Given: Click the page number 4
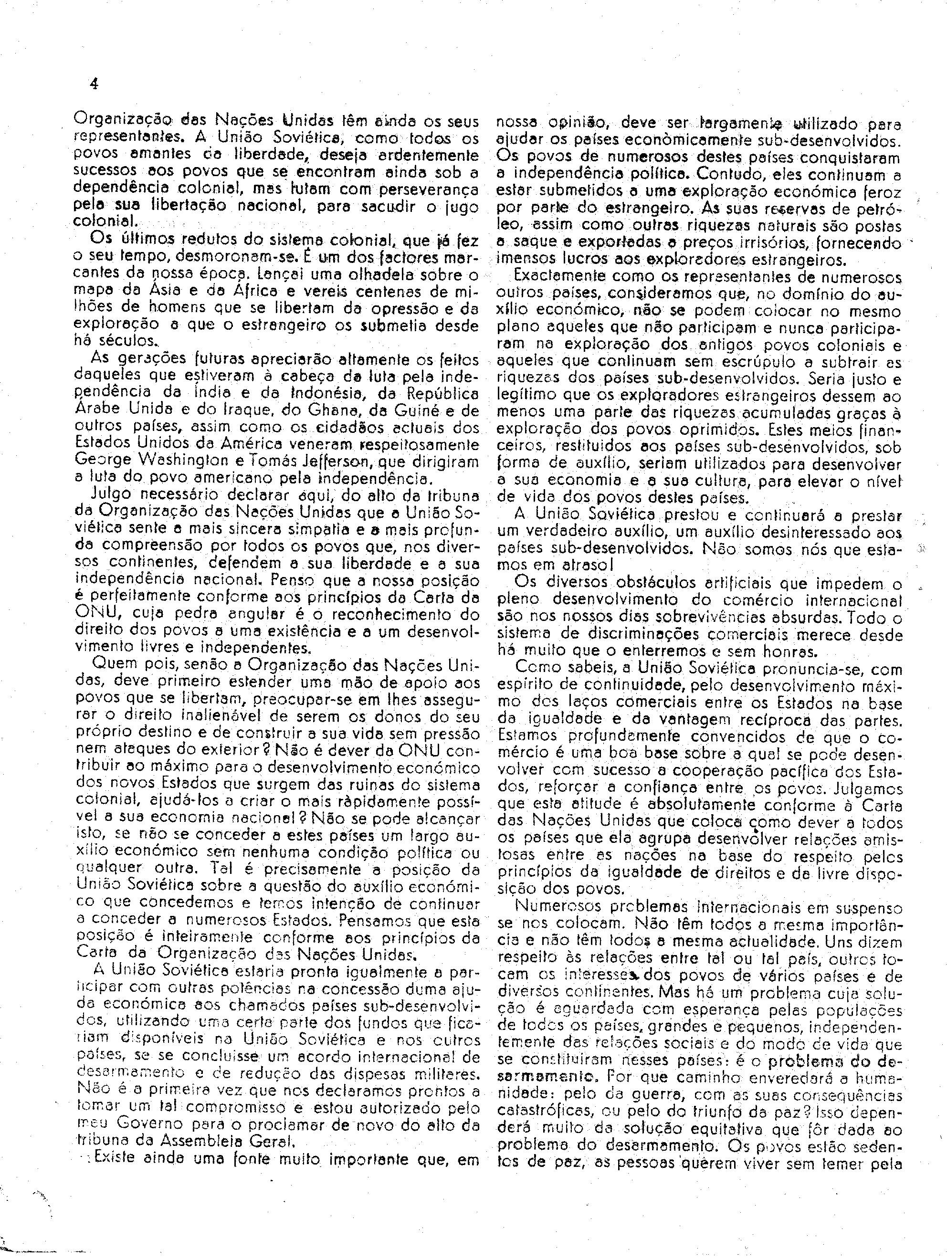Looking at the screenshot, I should click(95, 84).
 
